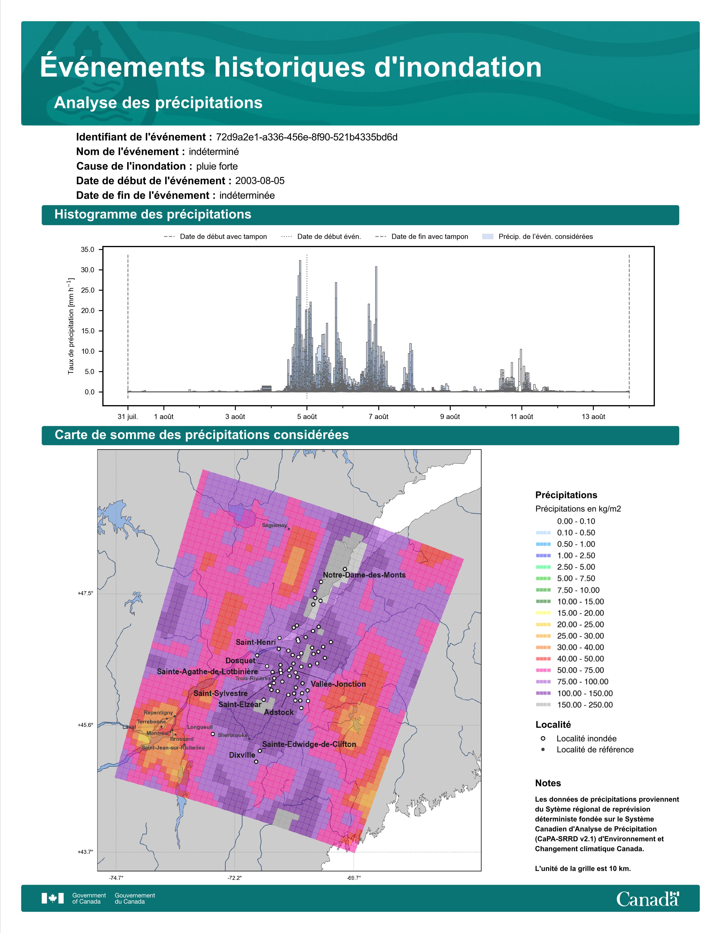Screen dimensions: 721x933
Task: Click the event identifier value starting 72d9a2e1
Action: pyautogui.click(x=307, y=137)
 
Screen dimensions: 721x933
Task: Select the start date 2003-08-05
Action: pyautogui.click(x=260, y=181)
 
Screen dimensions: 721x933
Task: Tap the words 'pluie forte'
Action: pyautogui.click(x=217, y=166)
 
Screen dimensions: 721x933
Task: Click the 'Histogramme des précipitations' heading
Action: pyautogui.click(x=153, y=215)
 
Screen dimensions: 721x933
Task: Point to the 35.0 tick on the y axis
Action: pyautogui.click(x=88, y=249)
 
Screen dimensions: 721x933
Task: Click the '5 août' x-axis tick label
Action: pyautogui.click(x=307, y=416)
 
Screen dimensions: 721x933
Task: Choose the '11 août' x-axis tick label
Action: pyautogui.click(x=522, y=416)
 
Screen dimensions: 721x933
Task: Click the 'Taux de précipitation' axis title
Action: pyautogui.click(x=71, y=326)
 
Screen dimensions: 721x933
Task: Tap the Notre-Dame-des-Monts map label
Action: pyautogui.click(x=364, y=575)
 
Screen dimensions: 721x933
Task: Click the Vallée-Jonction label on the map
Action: pyautogui.click(x=338, y=684)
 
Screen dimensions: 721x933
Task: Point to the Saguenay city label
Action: pyautogui.click(x=275, y=525)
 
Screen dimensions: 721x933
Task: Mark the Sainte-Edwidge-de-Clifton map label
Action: pyautogui.click(x=309, y=744)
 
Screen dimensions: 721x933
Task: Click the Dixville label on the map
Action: pyautogui.click(x=242, y=755)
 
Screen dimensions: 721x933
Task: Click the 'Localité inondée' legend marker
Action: pyautogui.click(x=543, y=738)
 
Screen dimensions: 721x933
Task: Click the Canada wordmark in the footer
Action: pyautogui.click(x=647, y=899)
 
